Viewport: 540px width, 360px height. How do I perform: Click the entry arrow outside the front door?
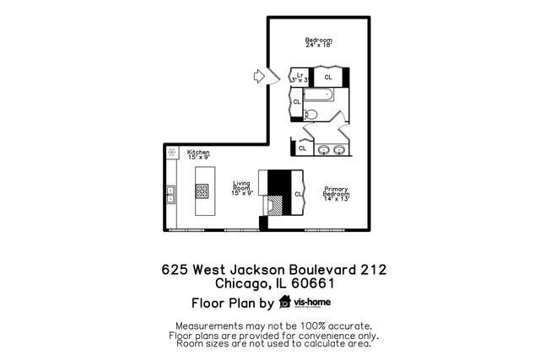259,77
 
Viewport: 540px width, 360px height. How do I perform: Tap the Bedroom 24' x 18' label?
318,43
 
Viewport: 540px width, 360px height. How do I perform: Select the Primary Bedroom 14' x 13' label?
335,192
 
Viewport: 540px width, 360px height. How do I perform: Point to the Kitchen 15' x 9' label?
198,154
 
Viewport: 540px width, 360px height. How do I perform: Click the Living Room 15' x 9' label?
242,188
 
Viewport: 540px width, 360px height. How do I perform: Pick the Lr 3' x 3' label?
300,77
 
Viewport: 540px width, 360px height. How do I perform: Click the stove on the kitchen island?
202,191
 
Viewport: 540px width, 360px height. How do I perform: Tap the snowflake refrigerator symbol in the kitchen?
172,153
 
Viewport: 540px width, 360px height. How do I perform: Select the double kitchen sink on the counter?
170,195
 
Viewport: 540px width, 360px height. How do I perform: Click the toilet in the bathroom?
310,114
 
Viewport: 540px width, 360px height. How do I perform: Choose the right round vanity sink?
339,150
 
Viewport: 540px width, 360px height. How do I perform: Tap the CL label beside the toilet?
297,102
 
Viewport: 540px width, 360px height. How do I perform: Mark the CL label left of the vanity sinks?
302,148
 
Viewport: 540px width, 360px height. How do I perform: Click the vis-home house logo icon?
284,303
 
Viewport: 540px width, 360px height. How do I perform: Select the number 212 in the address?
373,270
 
